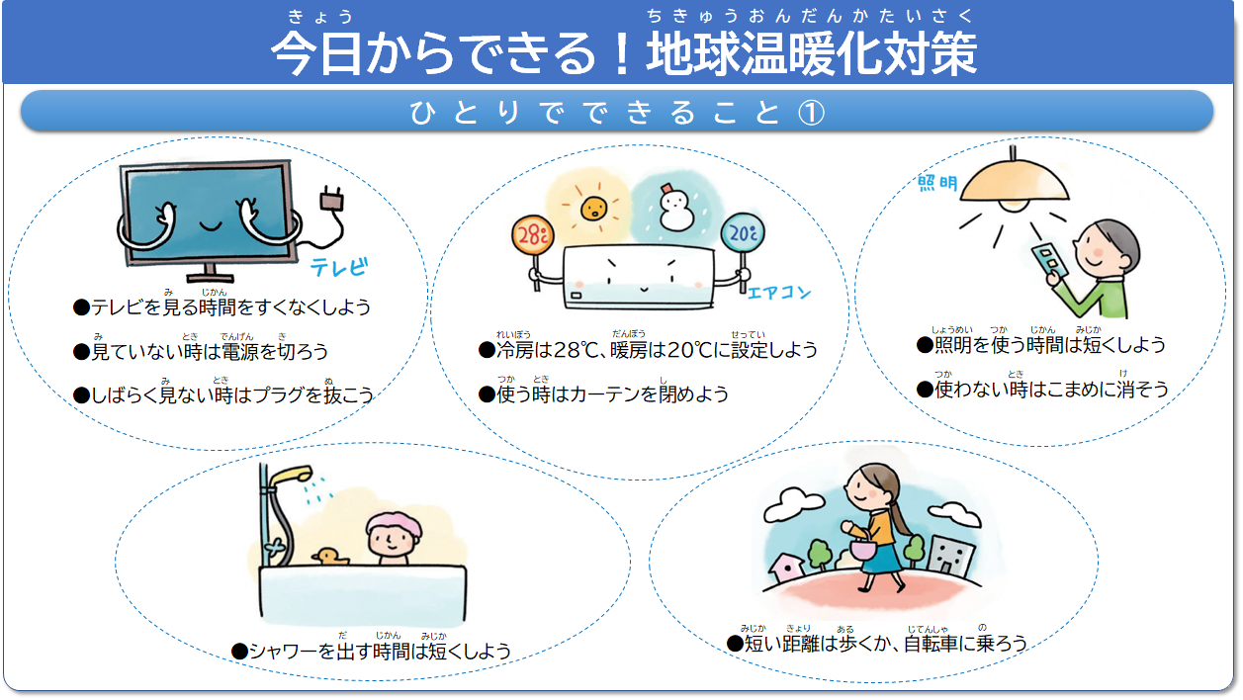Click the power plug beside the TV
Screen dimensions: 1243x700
point(331,199)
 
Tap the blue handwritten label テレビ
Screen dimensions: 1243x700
point(339,267)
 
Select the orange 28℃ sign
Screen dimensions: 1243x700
point(533,235)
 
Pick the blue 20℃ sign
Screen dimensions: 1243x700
point(743,233)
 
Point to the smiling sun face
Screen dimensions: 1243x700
point(593,209)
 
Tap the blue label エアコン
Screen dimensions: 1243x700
point(779,293)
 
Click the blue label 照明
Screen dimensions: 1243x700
point(937,183)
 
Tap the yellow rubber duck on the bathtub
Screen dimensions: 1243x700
point(329,557)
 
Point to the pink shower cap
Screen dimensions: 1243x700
point(394,525)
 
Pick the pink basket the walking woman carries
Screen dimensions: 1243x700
point(863,549)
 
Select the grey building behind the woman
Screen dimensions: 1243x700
point(950,556)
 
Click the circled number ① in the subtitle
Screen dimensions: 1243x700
point(811,113)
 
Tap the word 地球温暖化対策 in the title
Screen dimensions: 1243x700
point(811,53)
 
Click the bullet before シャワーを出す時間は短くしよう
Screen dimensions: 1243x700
point(239,652)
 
